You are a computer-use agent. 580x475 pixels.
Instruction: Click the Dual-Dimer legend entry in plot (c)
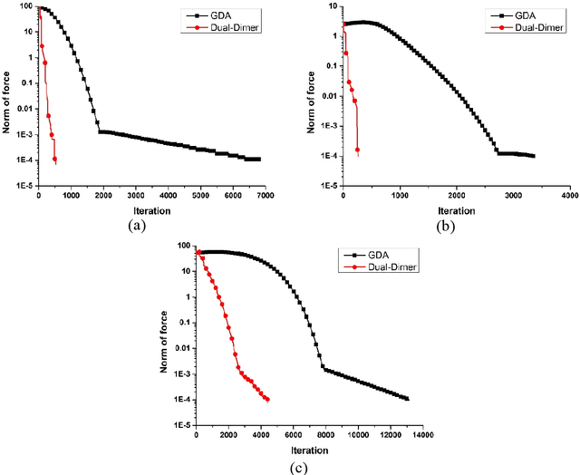(x=385, y=267)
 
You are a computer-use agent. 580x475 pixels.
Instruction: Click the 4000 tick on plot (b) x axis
(x=568, y=196)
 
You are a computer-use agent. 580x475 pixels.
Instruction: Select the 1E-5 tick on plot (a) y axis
(x=23, y=186)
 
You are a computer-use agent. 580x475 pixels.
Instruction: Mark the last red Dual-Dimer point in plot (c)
(x=267, y=400)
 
